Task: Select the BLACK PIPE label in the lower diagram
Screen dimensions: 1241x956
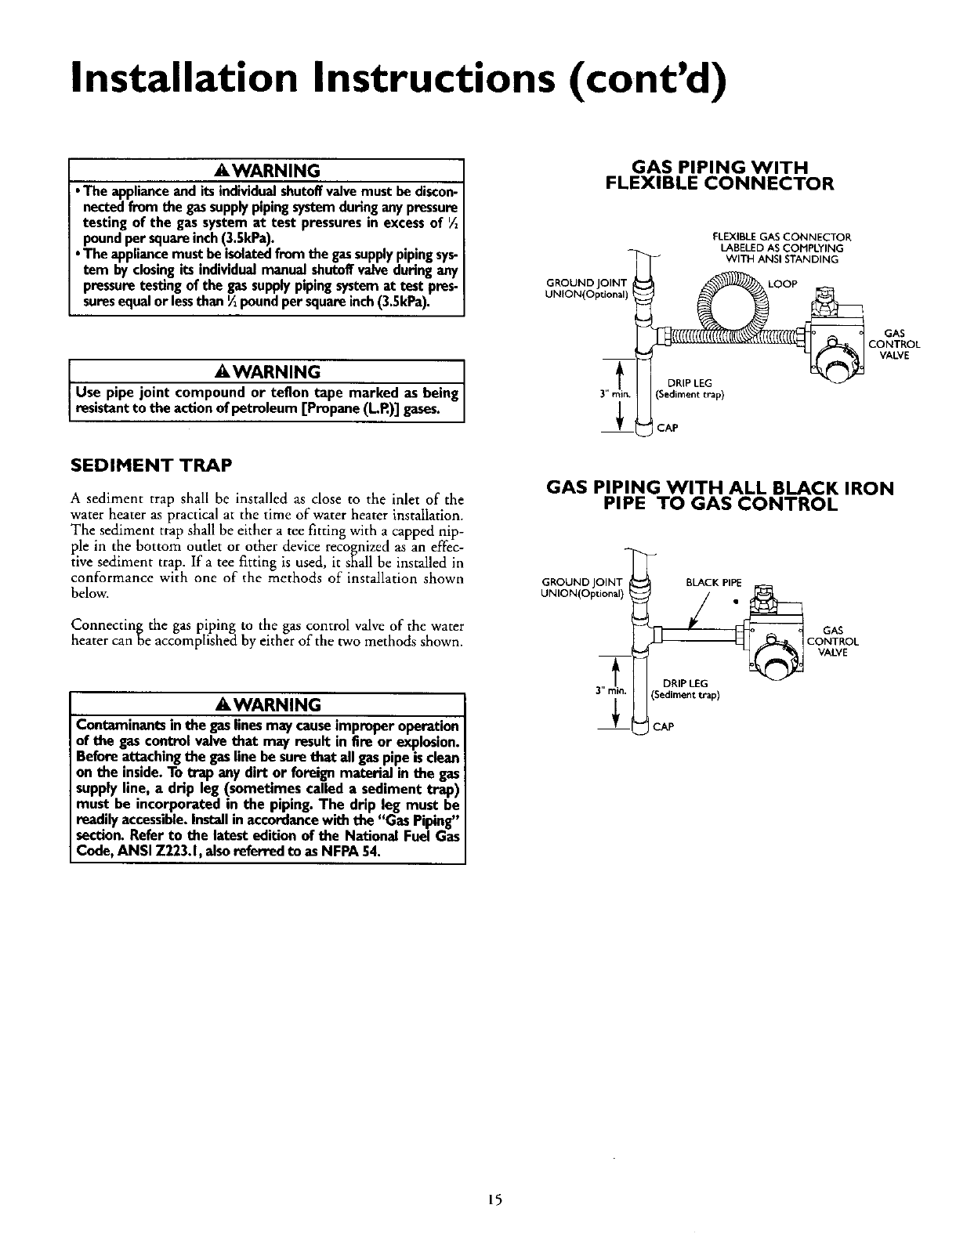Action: coord(712,582)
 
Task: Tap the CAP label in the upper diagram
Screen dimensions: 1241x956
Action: coord(668,428)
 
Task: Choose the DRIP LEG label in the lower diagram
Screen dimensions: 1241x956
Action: coord(686,684)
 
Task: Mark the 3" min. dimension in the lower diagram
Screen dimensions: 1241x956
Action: coord(609,690)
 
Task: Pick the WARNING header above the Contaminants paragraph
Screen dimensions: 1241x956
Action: coord(267,704)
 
